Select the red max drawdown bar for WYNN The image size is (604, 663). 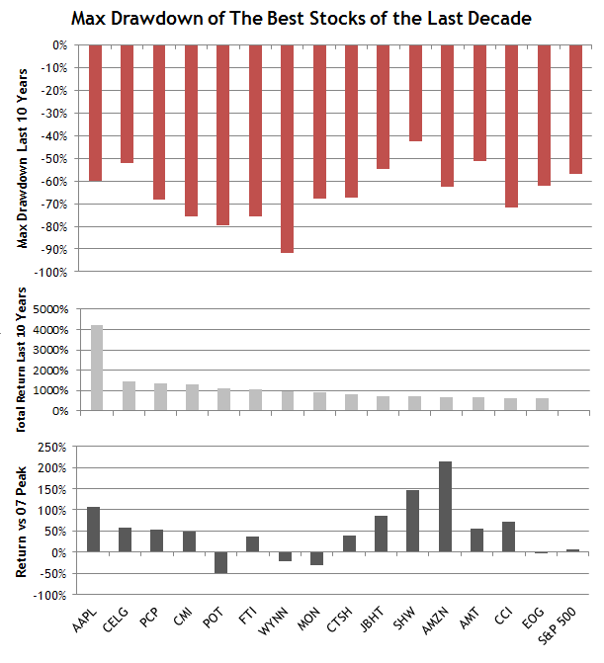point(288,148)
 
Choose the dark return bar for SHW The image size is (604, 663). point(415,521)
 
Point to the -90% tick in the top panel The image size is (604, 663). point(51,249)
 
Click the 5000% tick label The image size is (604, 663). point(47,309)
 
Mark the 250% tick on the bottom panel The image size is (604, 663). point(49,447)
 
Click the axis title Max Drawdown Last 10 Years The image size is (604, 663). point(24,158)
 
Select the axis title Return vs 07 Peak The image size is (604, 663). point(24,521)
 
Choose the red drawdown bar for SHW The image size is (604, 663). point(415,93)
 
